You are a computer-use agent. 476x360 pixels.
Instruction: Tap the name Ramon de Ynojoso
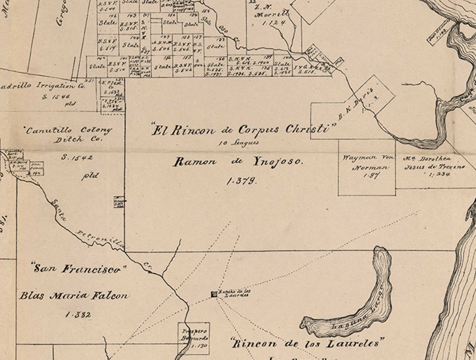click(238, 162)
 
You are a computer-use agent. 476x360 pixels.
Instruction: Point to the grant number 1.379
click(241, 181)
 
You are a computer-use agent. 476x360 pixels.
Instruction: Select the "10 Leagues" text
click(239, 143)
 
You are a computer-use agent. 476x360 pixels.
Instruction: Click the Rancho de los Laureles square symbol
click(215, 295)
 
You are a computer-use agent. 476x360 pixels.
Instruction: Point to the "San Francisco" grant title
click(80, 269)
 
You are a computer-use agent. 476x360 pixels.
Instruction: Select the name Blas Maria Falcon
click(74, 296)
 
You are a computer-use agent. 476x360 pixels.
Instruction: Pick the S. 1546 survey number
click(56, 97)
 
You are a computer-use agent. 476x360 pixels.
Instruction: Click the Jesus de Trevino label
click(435, 167)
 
